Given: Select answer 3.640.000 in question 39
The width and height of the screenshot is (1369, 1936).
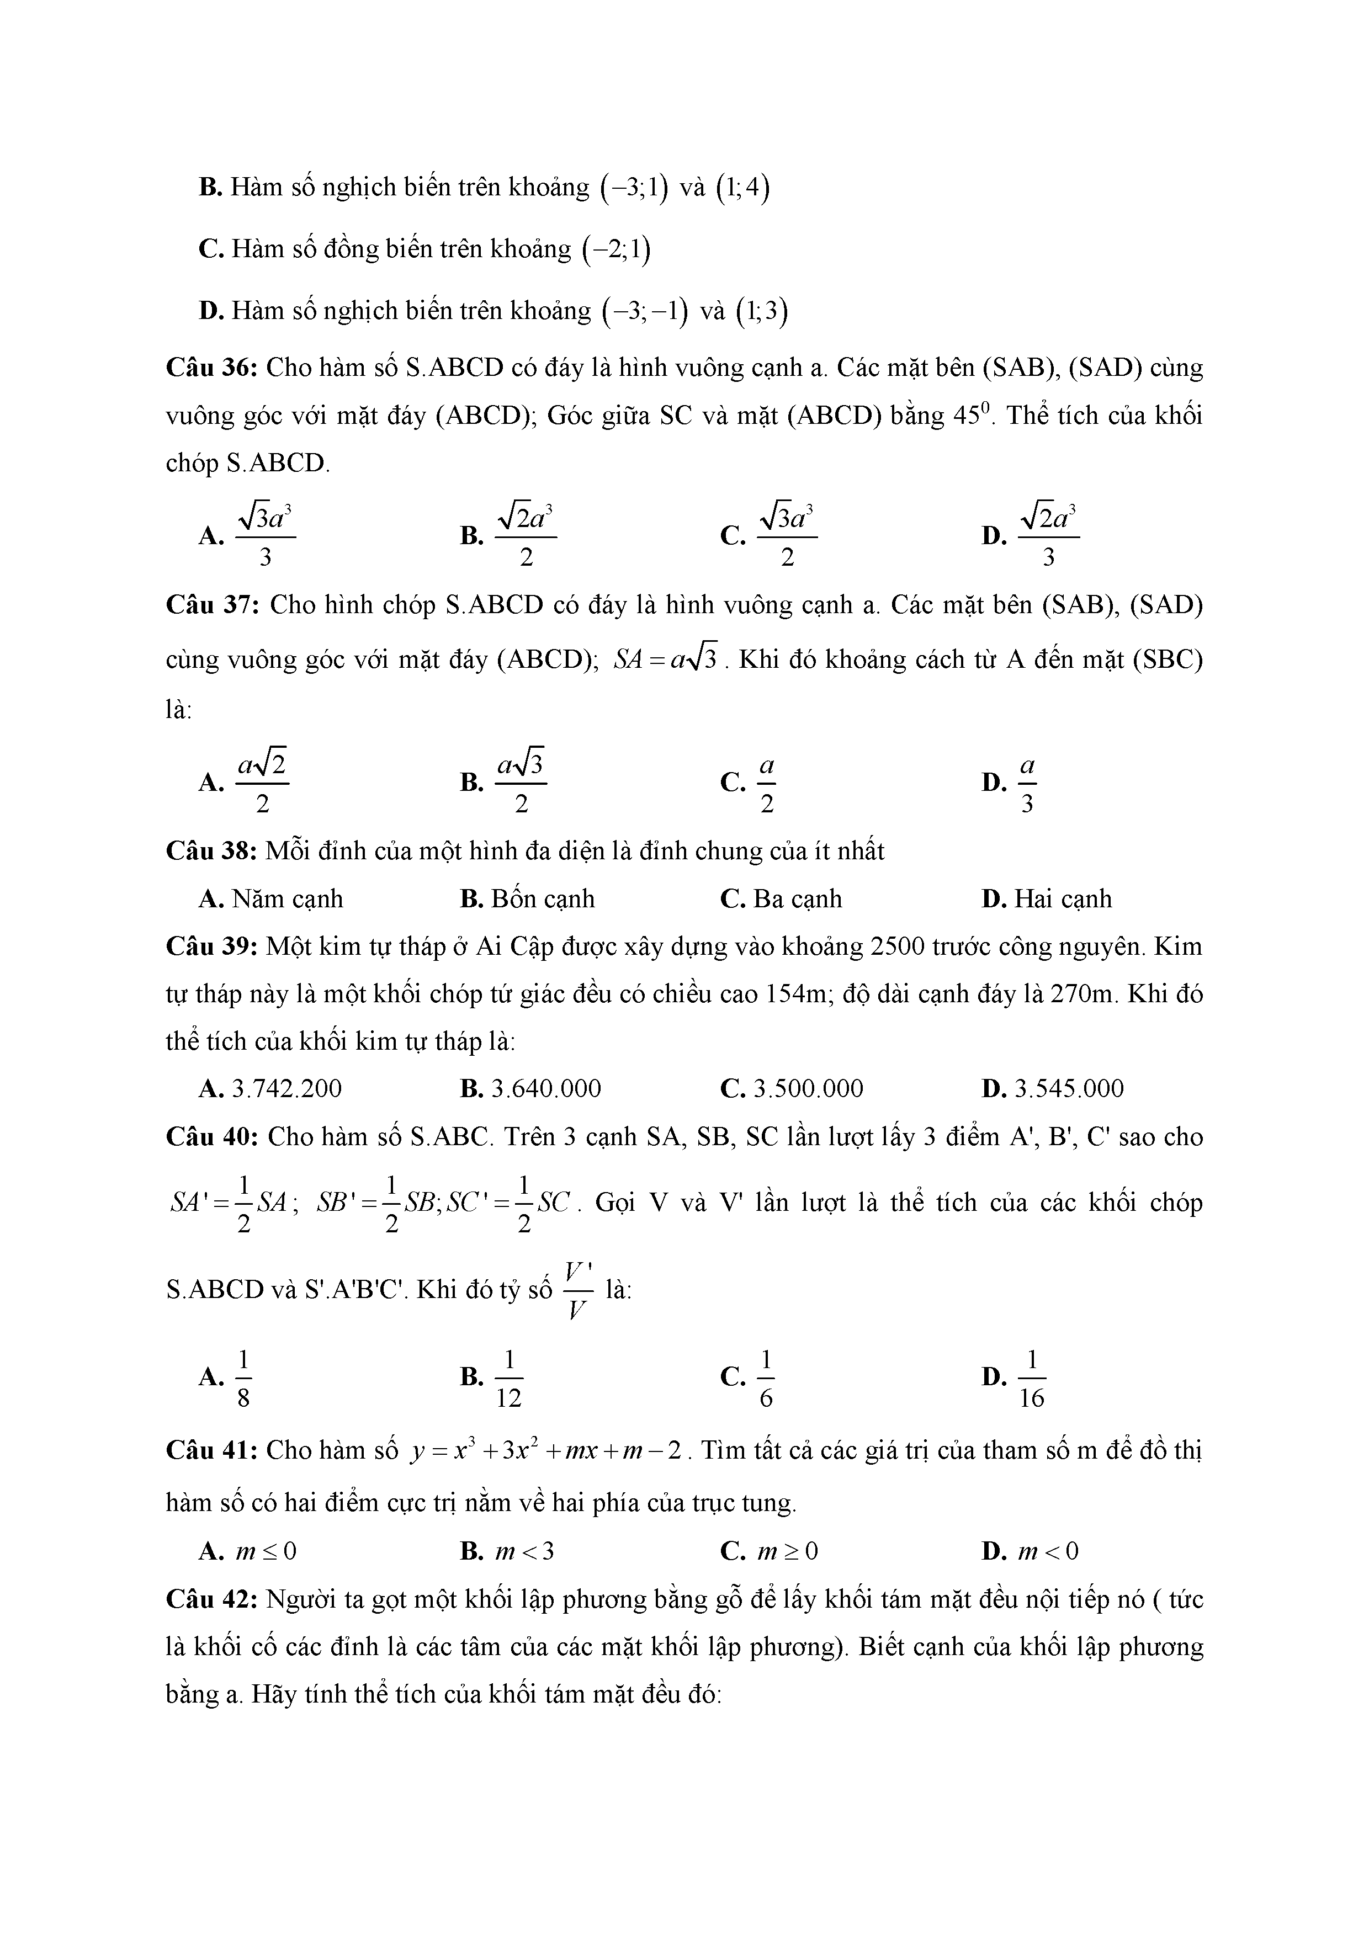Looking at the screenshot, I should click(x=546, y=1088).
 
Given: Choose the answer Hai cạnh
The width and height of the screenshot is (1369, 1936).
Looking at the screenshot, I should click(x=1062, y=899).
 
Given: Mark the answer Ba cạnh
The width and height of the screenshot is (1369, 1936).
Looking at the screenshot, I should click(x=797, y=899).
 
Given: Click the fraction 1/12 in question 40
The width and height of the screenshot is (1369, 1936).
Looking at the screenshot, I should click(x=508, y=1380).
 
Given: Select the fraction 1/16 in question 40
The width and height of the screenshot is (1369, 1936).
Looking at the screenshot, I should click(x=1032, y=1380).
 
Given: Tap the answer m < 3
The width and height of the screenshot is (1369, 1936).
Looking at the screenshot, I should click(x=524, y=1551).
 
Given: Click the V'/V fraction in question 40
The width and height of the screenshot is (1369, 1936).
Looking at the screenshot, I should click(x=578, y=1290).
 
